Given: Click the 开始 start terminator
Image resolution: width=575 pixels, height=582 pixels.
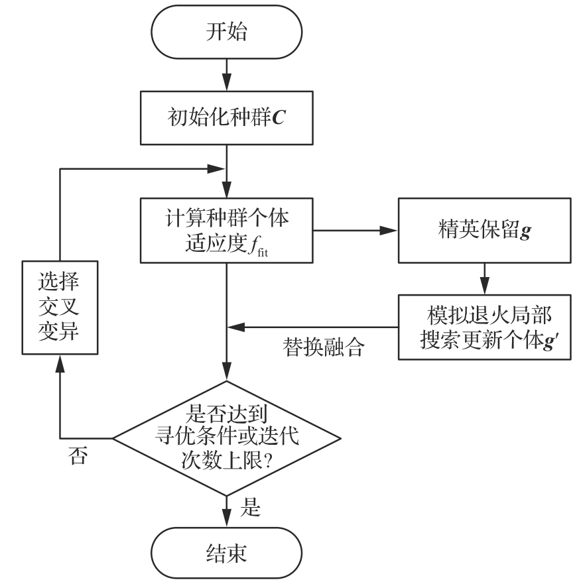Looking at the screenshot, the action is (x=227, y=32).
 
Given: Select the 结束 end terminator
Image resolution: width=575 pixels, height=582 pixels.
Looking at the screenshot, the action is (x=227, y=553).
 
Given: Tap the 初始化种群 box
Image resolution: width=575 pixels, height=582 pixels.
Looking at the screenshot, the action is (x=227, y=118).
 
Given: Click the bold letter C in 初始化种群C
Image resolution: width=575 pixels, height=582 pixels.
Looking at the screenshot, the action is (x=279, y=118).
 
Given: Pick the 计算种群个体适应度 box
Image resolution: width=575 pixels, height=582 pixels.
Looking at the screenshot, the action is (x=227, y=231).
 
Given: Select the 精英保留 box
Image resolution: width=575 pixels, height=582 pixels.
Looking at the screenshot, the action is (x=484, y=231).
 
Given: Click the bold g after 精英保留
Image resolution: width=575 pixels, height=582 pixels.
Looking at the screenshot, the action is (x=525, y=231).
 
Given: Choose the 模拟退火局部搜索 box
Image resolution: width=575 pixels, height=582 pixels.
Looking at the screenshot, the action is (x=484, y=327).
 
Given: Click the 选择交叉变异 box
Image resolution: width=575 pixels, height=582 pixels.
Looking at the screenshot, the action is (x=60, y=308).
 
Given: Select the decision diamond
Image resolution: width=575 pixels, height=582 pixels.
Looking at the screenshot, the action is (x=227, y=438).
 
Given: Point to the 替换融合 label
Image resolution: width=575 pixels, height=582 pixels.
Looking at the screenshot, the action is (x=323, y=347).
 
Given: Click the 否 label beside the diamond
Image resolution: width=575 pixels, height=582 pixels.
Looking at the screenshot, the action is (x=78, y=455).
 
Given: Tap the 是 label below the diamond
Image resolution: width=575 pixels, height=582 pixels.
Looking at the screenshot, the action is (x=250, y=507).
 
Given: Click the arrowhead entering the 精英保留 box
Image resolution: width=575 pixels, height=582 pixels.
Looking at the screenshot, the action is (x=389, y=231).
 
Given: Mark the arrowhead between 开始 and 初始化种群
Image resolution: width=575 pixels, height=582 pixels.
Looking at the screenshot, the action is (x=227, y=82).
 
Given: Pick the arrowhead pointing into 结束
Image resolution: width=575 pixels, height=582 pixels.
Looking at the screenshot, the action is (x=227, y=518).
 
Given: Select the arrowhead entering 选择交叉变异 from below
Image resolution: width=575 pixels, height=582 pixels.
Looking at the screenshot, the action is (x=60, y=364).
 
